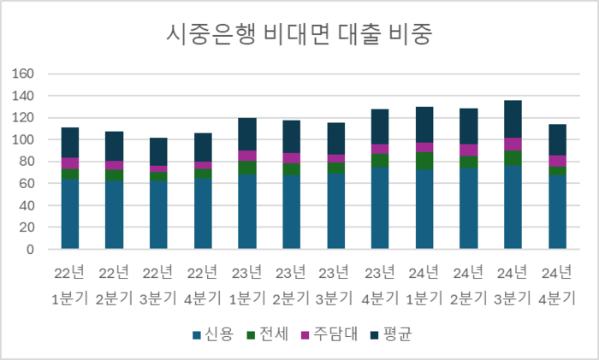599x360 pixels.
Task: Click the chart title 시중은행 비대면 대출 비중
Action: [x=299, y=34]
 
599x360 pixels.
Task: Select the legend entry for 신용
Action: [x=213, y=334]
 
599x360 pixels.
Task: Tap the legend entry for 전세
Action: [x=268, y=334]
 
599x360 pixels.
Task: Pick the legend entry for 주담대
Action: [x=329, y=334]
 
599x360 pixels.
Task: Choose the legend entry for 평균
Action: [x=391, y=334]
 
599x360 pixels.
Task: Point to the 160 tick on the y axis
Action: [x=22, y=74]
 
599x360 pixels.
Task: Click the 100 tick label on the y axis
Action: [x=22, y=139]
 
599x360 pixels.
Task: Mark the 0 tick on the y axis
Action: [x=30, y=250]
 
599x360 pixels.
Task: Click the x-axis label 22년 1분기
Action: [x=69, y=285]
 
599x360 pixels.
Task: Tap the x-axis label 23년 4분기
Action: [x=380, y=285]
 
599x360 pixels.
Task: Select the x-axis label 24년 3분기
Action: [x=513, y=285]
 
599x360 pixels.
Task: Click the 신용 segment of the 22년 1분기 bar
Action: [x=70, y=214]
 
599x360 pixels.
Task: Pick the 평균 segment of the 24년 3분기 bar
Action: [x=513, y=119]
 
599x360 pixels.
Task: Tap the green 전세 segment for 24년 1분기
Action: [x=424, y=161]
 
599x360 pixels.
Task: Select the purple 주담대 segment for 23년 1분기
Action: [x=247, y=156]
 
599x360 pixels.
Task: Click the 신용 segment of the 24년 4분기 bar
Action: [x=557, y=212]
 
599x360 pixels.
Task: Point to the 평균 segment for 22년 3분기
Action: [x=158, y=151]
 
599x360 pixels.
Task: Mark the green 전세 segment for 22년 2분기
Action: [x=114, y=175]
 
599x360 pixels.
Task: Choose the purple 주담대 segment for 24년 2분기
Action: [x=469, y=150]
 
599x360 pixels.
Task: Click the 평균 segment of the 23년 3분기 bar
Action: [x=336, y=139]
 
